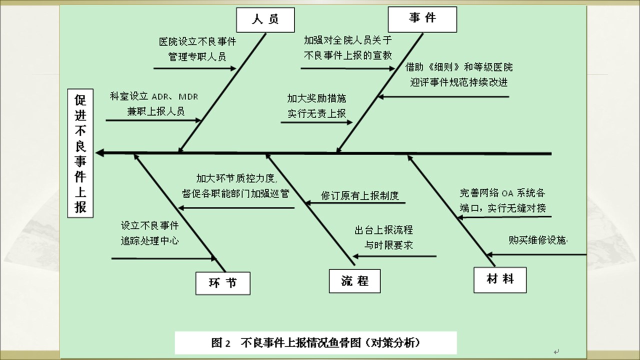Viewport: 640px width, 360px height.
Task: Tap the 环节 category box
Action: point(222,283)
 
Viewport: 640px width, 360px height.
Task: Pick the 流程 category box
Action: point(355,281)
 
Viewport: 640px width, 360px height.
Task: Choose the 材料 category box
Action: point(500,279)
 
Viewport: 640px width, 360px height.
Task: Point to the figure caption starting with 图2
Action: point(315,343)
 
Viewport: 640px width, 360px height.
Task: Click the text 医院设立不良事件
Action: point(197,42)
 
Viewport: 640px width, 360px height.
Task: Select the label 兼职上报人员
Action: point(156,111)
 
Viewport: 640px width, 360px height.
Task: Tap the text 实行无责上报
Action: point(316,113)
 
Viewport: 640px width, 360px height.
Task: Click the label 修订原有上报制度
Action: point(360,195)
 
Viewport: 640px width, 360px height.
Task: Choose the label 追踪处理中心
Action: point(150,240)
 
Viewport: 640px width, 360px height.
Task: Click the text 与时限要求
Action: point(388,245)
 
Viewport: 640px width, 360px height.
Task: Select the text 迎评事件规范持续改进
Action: point(459,82)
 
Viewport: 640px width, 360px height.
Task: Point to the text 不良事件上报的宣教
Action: point(348,55)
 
